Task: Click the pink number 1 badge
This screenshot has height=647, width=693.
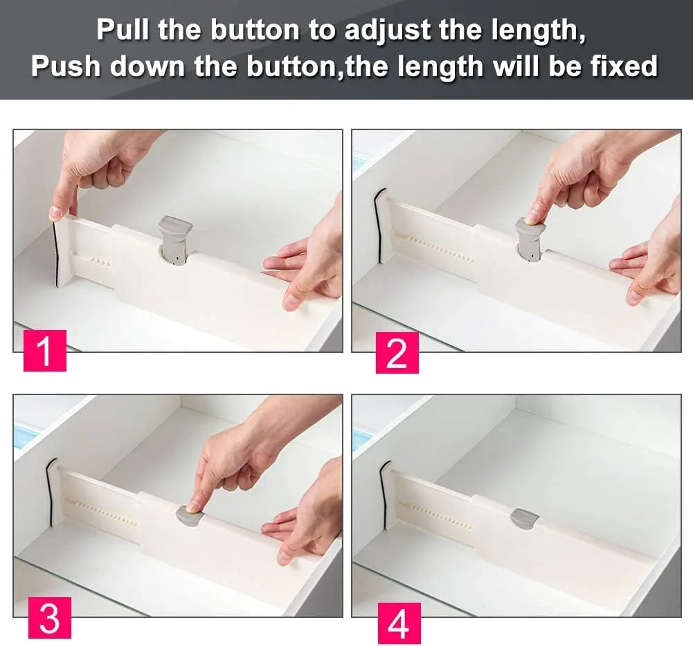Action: click(45, 351)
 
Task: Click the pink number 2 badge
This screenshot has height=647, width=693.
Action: click(397, 352)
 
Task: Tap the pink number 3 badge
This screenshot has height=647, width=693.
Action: click(49, 617)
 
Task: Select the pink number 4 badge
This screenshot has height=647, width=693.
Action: click(399, 622)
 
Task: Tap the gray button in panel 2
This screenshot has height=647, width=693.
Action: click(530, 239)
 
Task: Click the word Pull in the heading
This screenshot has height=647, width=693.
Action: click(124, 30)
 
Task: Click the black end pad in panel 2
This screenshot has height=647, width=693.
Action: click(379, 225)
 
